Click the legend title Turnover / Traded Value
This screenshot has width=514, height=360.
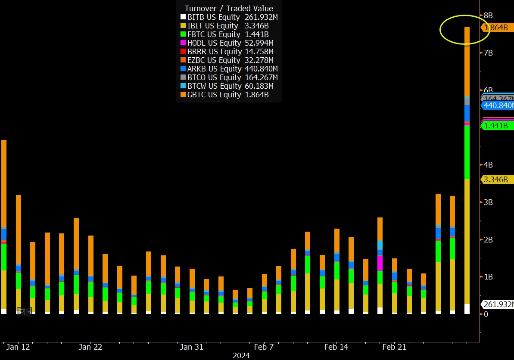click(229, 9)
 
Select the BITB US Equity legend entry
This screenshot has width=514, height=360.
click(213, 17)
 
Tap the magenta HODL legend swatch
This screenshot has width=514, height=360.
click(183, 43)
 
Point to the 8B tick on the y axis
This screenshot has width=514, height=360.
click(489, 16)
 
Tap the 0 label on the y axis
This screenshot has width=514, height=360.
click(486, 314)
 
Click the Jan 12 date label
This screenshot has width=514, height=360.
click(18, 347)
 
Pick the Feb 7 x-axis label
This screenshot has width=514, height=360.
click(264, 347)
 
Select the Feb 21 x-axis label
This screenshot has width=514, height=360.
click(395, 347)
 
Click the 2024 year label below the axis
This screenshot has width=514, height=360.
click(241, 356)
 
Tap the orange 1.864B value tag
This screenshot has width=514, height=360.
click(496, 28)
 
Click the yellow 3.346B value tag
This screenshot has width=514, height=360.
click(496, 180)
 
